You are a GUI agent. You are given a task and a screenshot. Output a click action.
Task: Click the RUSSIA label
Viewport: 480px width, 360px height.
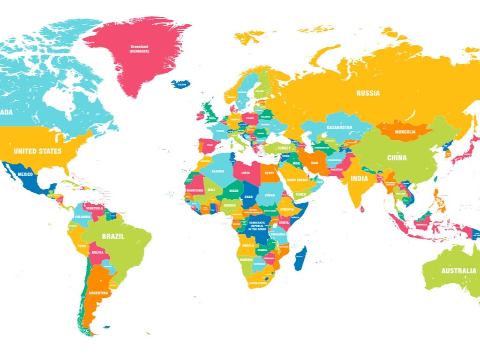[368, 93]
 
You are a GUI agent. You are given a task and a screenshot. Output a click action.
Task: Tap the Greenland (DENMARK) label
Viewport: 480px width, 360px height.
[139, 49]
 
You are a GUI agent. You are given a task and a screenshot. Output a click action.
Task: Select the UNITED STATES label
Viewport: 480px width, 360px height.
[37, 151]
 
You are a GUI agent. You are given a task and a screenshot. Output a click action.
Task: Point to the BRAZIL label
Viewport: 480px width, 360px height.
[113, 237]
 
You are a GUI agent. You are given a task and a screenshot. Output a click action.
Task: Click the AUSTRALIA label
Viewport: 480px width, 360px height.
[458, 270]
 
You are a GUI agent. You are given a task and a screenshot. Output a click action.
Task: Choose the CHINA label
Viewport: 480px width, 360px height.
[397, 158]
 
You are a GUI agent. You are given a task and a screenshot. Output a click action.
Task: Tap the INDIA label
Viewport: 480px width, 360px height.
[360, 179]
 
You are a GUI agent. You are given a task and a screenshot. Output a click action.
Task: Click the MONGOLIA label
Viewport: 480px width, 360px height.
[405, 132]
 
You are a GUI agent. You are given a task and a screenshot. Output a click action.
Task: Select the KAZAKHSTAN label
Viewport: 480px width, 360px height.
[339, 127]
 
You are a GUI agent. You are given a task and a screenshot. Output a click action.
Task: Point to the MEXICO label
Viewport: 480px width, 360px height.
[25, 174]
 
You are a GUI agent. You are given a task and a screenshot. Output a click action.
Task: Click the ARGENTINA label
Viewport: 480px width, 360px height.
[98, 293]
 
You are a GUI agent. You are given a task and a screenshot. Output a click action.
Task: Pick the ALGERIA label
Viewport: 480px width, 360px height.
[218, 172]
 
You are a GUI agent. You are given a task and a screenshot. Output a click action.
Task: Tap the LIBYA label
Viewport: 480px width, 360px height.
[246, 173]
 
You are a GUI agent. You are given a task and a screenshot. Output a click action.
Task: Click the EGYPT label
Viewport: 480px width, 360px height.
[269, 173]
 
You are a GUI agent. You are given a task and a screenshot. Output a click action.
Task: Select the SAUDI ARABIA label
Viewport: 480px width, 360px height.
[297, 180]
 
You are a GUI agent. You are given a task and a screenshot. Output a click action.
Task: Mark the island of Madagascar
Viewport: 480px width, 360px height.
[301, 259]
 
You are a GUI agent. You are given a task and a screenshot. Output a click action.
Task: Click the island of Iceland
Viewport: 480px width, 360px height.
[180, 84]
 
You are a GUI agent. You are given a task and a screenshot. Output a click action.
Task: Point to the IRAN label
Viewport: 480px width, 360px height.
[314, 163]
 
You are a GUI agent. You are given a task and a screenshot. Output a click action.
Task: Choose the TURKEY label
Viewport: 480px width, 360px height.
[284, 148]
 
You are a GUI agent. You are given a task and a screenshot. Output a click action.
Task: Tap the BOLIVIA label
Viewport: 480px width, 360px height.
[97, 252]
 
